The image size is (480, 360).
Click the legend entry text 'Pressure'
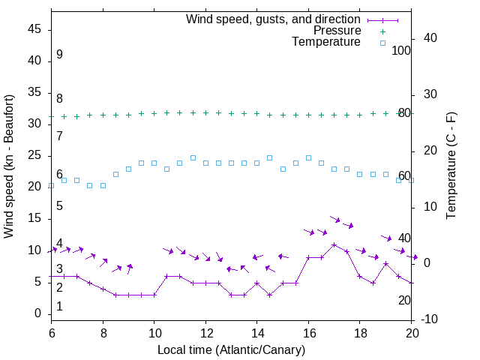(x=337, y=31)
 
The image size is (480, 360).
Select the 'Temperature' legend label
(x=326, y=43)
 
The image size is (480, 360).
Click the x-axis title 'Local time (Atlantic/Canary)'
(x=231, y=350)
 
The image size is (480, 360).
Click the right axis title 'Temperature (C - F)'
(x=451, y=166)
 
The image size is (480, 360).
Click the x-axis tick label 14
(x=256, y=333)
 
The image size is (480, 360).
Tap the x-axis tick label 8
(x=103, y=333)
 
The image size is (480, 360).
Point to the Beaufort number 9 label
(x=59, y=55)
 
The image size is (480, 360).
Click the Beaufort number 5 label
(x=59, y=206)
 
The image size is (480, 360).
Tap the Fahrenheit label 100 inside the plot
(x=401, y=50)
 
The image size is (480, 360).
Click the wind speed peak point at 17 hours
(x=334, y=244)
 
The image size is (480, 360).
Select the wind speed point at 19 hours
(x=385, y=263)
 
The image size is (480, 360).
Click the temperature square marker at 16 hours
(x=308, y=158)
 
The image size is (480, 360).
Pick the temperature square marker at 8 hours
(x=103, y=185)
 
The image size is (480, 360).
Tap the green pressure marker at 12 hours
(x=205, y=112)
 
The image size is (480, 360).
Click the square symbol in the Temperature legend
(x=382, y=43)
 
